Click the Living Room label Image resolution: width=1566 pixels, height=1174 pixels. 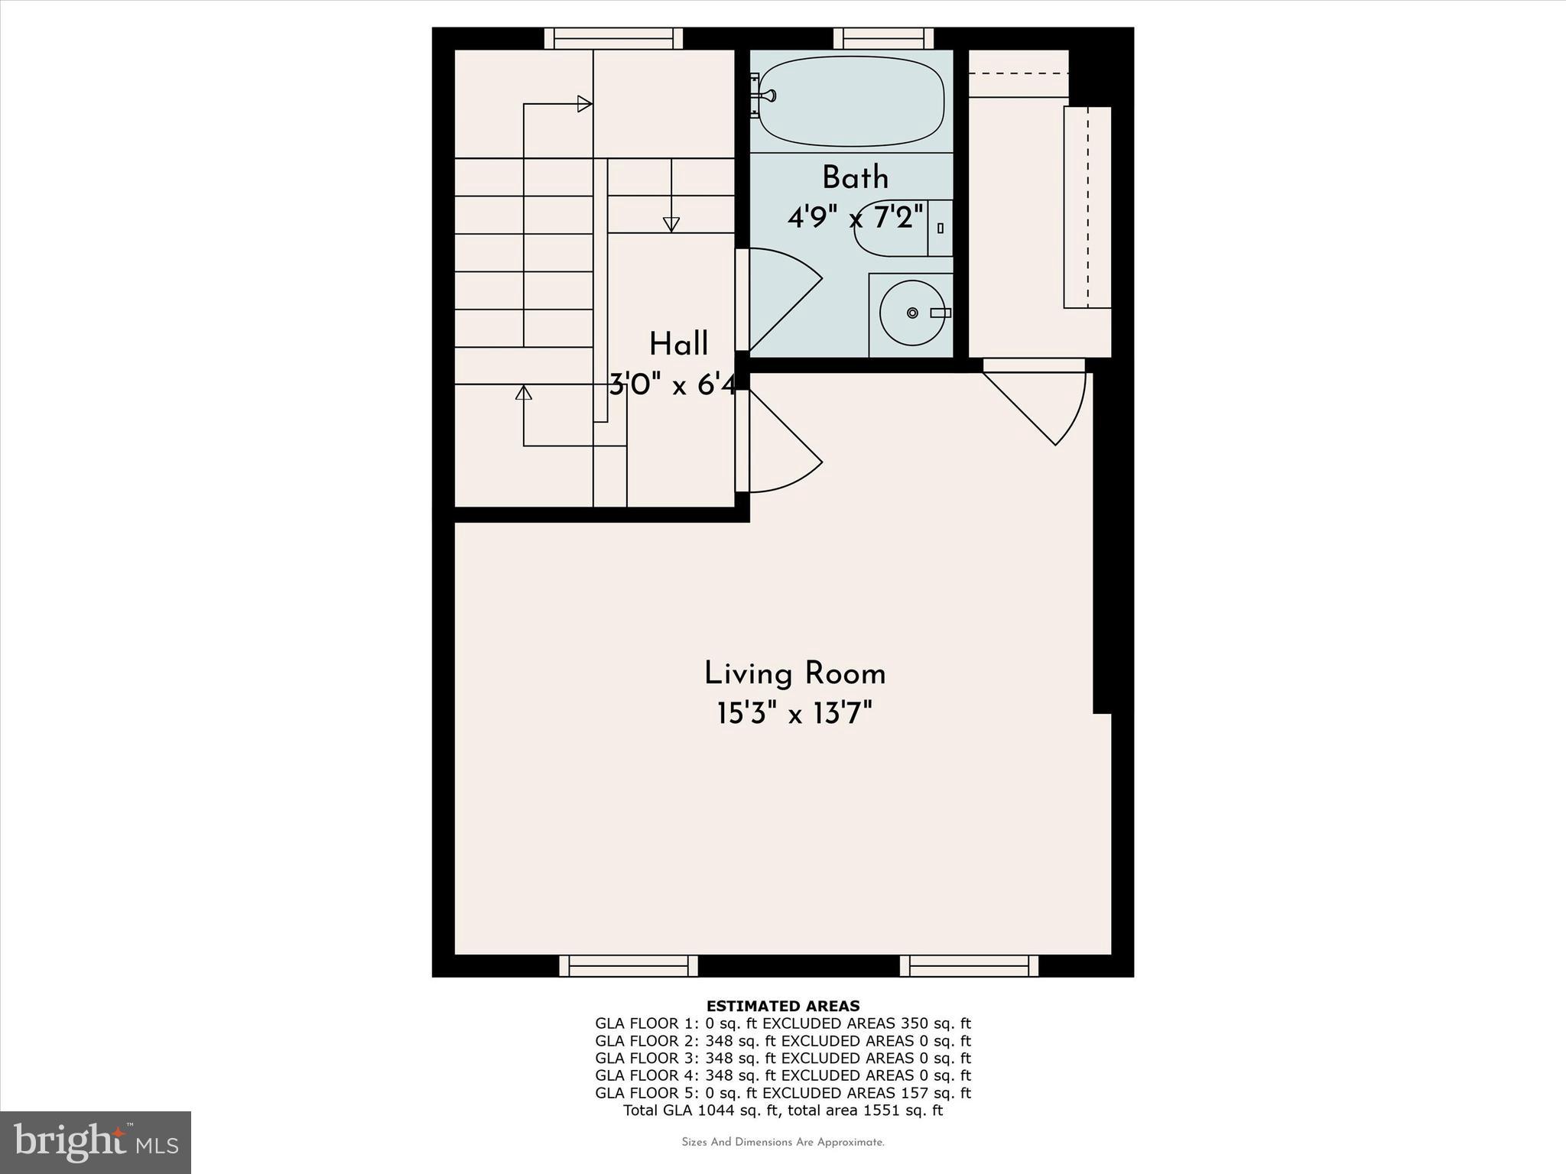(x=794, y=674)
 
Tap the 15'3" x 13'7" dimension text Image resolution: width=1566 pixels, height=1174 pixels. (x=794, y=715)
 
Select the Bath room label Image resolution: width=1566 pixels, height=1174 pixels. (x=855, y=178)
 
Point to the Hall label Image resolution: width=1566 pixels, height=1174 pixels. (x=678, y=345)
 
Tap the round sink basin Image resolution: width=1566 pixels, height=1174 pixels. (x=911, y=313)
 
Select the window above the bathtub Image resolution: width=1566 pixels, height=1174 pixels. (x=883, y=38)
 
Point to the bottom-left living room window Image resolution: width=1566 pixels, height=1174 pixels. (x=629, y=966)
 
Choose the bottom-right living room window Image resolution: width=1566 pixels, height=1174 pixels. (x=969, y=966)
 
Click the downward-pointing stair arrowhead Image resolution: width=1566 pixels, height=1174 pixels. (x=671, y=224)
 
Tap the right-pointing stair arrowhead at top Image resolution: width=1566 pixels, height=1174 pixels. (x=584, y=103)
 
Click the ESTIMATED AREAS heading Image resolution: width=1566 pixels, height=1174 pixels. (x=783, y=1006)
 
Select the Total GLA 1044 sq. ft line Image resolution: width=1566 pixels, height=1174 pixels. (x=783, y=1111)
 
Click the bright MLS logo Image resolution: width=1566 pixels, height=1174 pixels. (x=96, y=1142)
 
